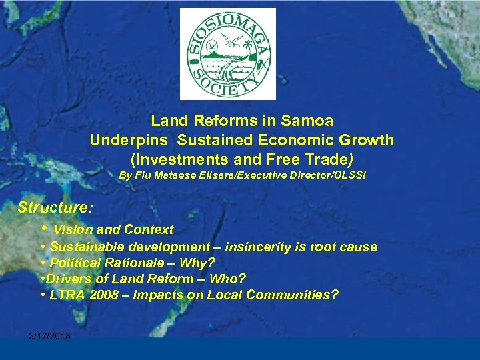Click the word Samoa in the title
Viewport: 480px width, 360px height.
coord(307,121)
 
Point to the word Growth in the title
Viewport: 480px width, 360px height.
coord(367,141)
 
